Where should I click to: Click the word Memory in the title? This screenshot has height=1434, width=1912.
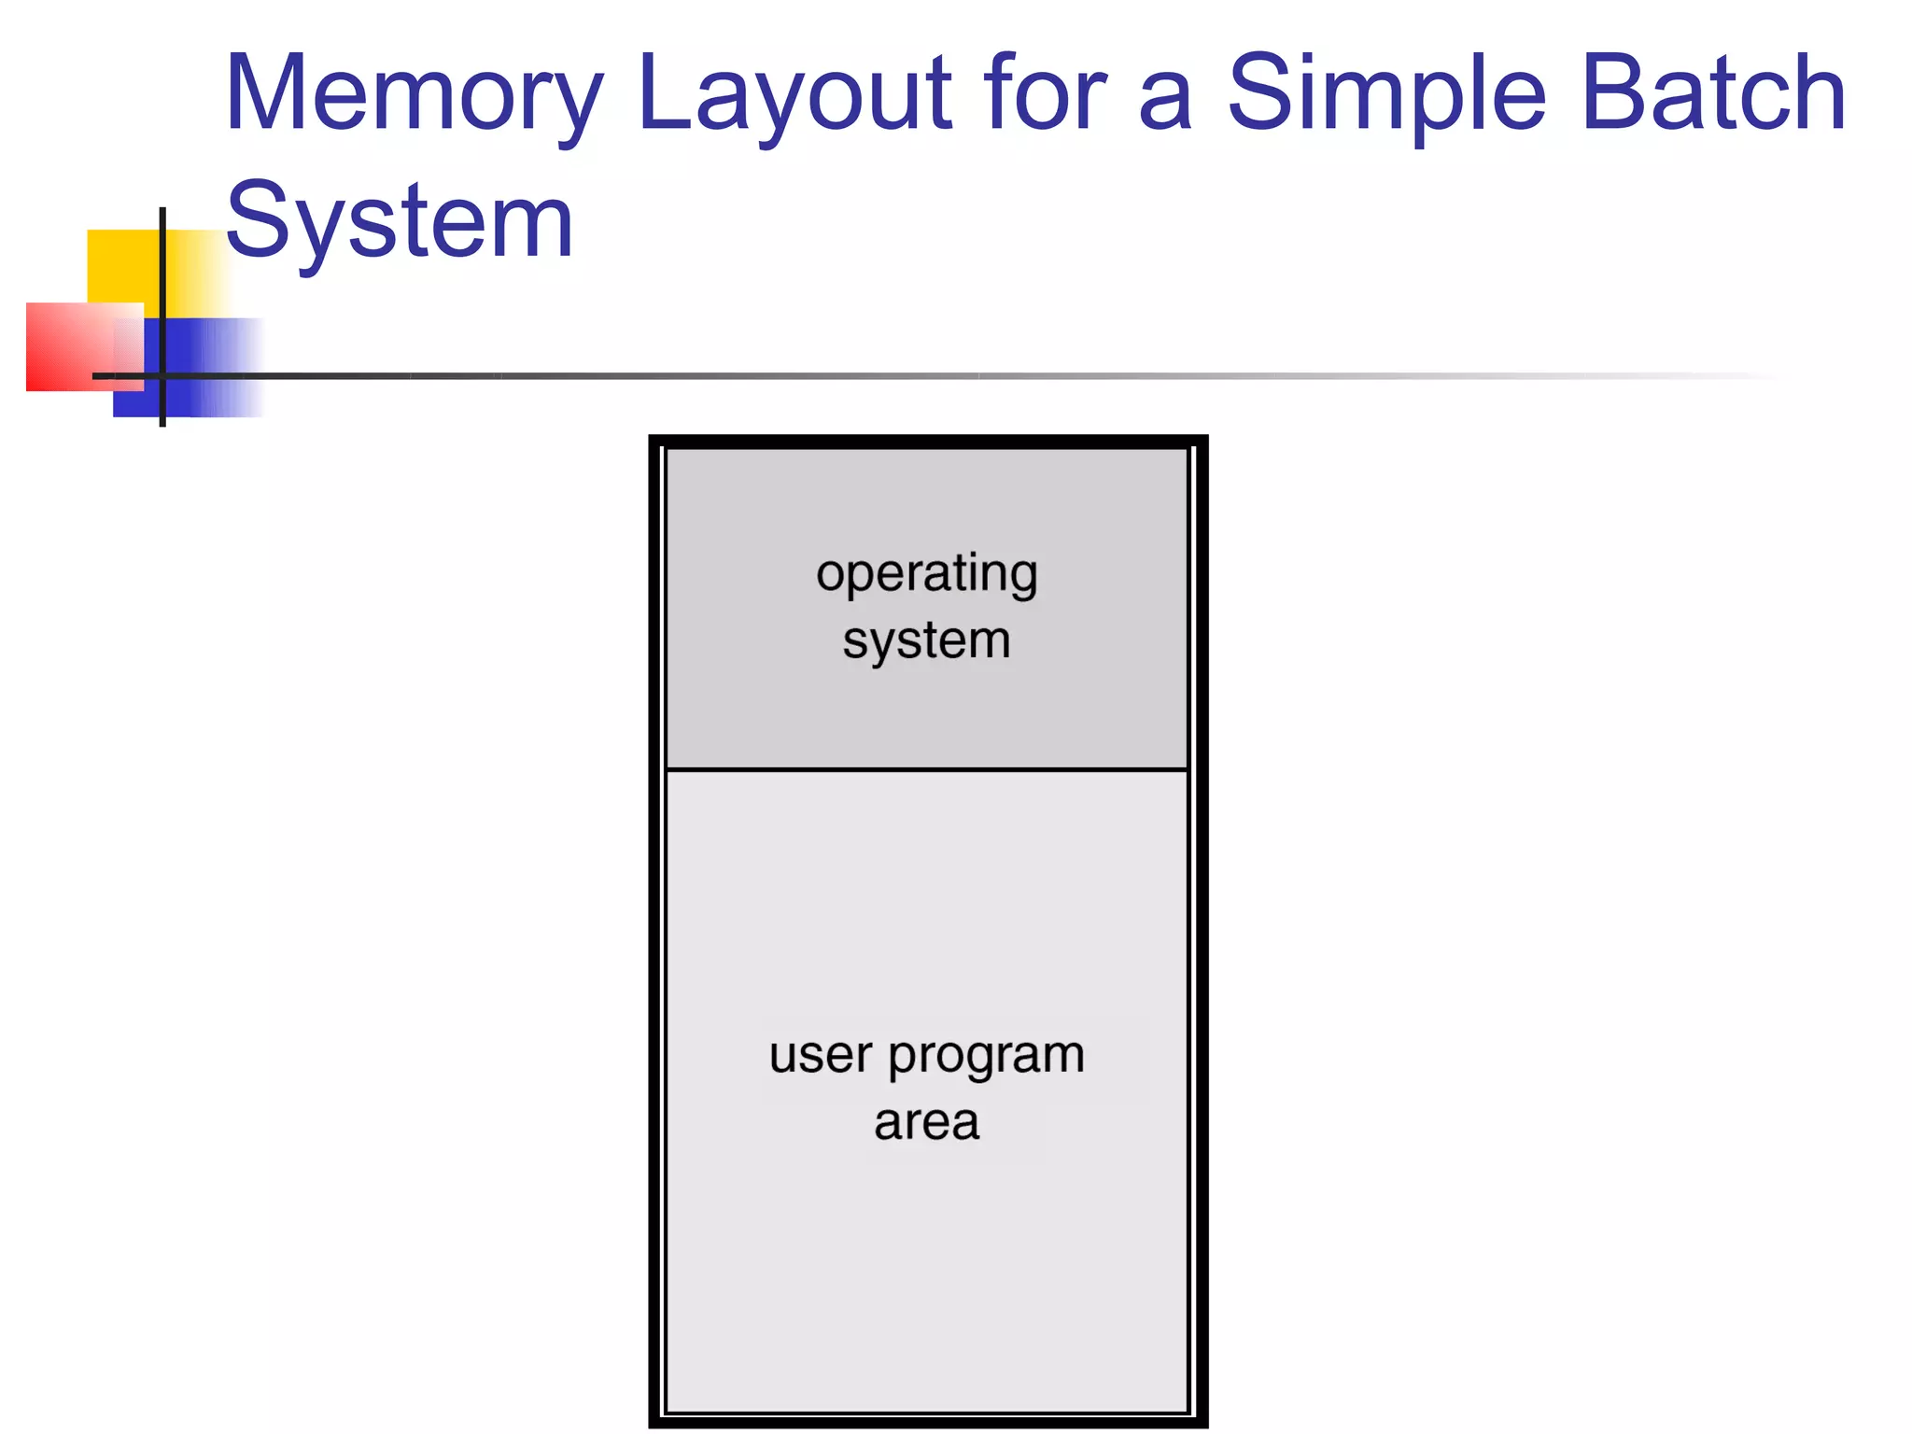pyautogui.click(x=414, y=93)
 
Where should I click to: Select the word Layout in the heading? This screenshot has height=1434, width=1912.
pyautogui.click(x=794, y=93)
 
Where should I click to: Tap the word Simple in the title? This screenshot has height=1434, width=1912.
pyautogui.click(x=1386, y=93)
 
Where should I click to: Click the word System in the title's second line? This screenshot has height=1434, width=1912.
pyautogui.click(x=400, y=221)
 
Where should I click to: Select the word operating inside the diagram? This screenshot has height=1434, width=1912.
pyautogui.click(x=926, y=574)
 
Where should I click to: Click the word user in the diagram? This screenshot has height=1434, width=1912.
pyautogui.click(x=820, y=1056)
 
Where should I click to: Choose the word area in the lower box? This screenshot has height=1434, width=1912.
pyautogui.click(x=926, y=1122)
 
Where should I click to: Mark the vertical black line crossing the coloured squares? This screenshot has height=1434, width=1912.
pyautogui.click(x=162, y=280)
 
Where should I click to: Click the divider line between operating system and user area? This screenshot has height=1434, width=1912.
pyautogui.click(x=926, y=769)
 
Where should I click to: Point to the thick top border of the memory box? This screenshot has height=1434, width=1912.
pyautogui.click(x=926, y=441)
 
